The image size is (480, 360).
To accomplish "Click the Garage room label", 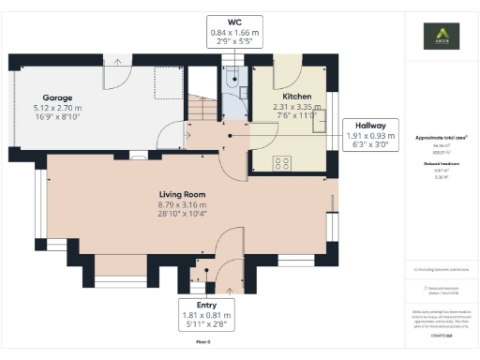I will pyautogui.click(x=58, y=97).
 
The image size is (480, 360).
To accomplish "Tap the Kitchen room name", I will pyautogui.click(x=297, y=97).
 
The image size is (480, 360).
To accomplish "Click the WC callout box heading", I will pyautogui.click(x=234, y=22).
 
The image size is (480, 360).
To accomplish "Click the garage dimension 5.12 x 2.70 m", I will pyautogui.click(x=58, y=107).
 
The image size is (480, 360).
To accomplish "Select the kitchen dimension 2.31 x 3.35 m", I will pyautogui.click(x=297, y=107).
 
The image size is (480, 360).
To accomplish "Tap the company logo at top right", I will pyautogui.click(x=442, y=39).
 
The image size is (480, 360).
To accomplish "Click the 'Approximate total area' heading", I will pyautogui.click(x=442, y=138).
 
